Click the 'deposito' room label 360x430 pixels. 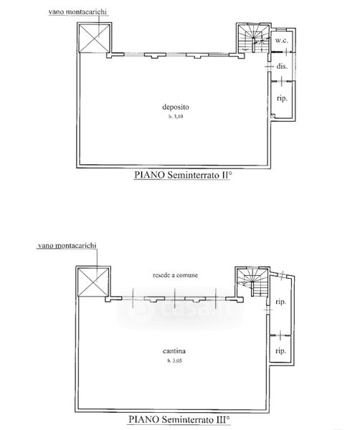point(176,107)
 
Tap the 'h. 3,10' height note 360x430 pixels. point(176,117)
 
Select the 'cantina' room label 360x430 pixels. point(174,350)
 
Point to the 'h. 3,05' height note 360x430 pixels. point(175,360)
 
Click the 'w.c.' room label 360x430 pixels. point(282,41)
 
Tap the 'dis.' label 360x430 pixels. point(282,66)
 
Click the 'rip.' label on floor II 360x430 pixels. point(282,98)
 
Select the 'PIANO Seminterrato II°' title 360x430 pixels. point(182,175)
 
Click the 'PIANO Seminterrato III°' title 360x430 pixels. point(179,419)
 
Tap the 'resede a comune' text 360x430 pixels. point(175,275)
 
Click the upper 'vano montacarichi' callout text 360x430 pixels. point(77,11)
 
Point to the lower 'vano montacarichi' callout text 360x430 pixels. point(67,245)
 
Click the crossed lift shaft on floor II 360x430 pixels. point(94,38)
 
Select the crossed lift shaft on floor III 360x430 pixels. point(93,282)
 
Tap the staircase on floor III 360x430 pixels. point(252,282)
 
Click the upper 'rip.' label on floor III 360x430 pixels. point(280,302)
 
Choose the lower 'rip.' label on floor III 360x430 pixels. point(280,350)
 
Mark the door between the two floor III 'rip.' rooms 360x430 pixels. point(280,335)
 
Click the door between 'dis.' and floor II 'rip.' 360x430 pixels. point(282,80)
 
